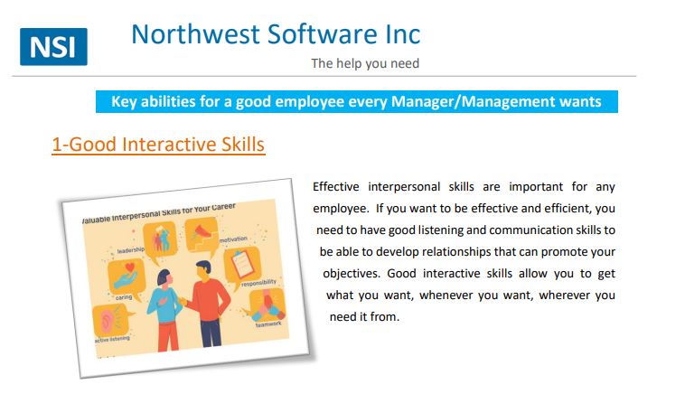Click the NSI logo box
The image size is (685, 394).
point(53,47)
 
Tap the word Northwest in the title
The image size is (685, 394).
point(196,34)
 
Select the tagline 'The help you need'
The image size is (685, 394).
point(365,63)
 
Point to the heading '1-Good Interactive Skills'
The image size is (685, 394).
point(158,145)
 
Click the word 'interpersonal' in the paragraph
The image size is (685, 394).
point(404,187)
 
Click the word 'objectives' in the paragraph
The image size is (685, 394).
point(352,274)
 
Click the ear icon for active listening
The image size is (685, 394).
point(111,320)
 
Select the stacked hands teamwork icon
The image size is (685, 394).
point(267,305)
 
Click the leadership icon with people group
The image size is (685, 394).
point(160,239)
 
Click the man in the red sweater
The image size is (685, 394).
point(208,303)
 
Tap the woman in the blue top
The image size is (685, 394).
point(165,310)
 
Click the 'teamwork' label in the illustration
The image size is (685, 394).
point(268,324)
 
